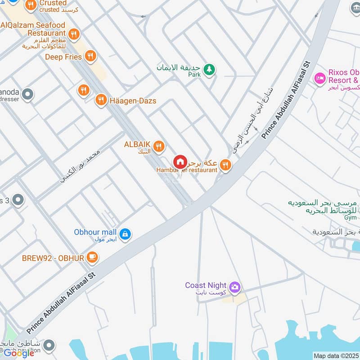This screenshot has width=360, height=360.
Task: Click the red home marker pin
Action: tap(180, 162)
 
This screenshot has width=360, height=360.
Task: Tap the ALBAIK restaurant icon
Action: tap(158, 146)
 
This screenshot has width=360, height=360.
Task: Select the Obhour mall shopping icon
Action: tap(126, 234)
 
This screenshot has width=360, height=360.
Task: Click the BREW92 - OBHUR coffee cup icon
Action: tap(92, 257)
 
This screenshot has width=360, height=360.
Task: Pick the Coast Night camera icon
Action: tap(234, 287)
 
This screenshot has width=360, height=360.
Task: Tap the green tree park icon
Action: tap(209, 69)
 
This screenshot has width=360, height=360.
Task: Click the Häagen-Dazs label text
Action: tap(133, 101)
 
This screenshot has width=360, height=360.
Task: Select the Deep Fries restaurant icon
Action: tap(90, 56)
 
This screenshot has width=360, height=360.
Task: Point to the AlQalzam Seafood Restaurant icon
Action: tap(74, 33)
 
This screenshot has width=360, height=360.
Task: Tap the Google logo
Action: tap(19, 353)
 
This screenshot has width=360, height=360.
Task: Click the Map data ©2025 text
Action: tap(336, 355)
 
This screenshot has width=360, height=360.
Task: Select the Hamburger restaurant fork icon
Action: tap(226, 165)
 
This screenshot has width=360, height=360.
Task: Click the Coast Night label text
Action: tap(206, 285)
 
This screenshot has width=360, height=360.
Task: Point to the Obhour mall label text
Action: tap(95, 232)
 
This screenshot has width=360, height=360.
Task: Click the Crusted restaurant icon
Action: tap(31, 5)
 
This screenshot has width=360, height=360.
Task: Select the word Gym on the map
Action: tap(350, 218)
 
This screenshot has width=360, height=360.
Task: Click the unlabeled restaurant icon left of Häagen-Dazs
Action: tap(83, 90)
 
